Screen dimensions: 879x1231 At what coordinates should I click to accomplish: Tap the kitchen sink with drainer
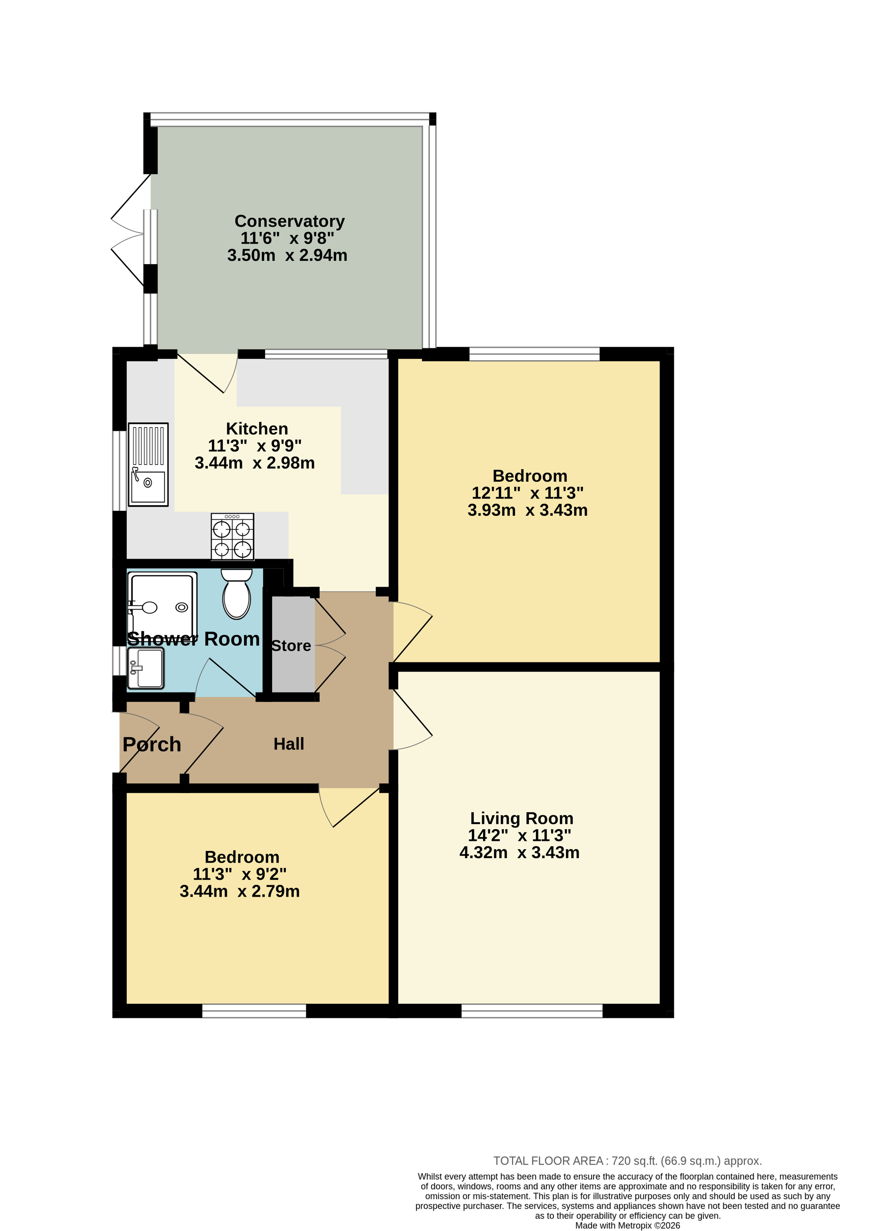[148, 464]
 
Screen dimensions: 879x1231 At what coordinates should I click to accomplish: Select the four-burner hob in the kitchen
[232, 536]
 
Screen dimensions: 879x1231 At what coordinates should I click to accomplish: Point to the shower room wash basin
[146, 668]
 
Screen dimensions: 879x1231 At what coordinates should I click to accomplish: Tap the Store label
[291, 646]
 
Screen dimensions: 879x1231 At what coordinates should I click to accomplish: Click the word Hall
[289, 744]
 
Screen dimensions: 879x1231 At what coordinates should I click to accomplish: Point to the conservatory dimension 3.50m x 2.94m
[287, 255]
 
